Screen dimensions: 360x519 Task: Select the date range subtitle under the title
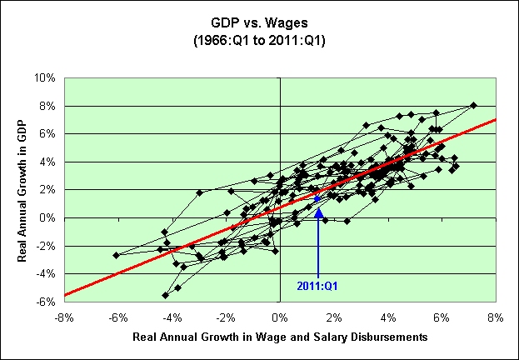pos(259,39)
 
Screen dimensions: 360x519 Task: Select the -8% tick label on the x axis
pos(63,317)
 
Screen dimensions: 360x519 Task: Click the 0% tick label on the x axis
pos(280,317)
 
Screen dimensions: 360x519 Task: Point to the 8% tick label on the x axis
pos(497,317)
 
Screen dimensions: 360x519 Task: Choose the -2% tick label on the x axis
pos(226,317)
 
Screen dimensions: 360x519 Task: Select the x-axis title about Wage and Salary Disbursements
pos(280,337)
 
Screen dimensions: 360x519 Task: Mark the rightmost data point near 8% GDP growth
pos(473,105)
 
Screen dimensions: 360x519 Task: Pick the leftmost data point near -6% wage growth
pos(117,255)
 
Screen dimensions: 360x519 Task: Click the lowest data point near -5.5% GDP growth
pos(165,295)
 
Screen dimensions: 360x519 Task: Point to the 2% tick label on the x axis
pos(334,317)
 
